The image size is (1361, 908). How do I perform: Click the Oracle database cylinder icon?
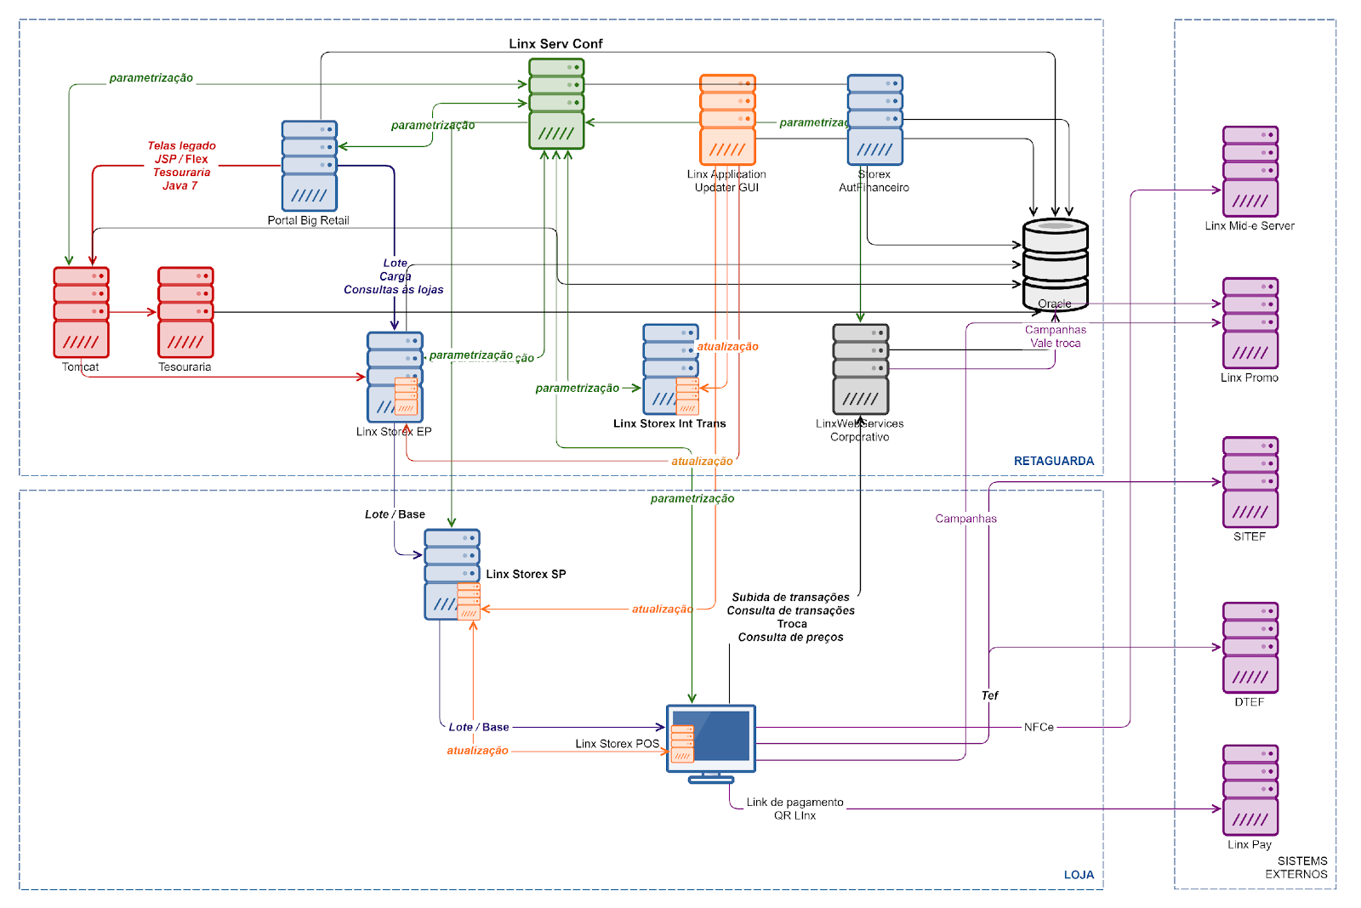click(x=1055, y=264)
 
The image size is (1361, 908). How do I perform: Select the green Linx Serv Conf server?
click(x=556, y=104)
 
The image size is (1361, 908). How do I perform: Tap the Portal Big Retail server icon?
click(x=310, y=166)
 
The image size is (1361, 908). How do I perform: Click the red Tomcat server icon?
click(x=81, y=312)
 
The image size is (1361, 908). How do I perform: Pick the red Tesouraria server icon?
click(x=185, y=312)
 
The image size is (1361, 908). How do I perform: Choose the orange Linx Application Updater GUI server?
click(x=727, y=120)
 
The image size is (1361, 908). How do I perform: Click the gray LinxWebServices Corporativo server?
click(x=861, y=369)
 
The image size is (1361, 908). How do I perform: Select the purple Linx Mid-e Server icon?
click(x=1250, y=172)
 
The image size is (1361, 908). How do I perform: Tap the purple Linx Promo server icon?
click(x=1250, y=323)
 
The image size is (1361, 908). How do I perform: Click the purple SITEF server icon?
click(x=1250, y=482)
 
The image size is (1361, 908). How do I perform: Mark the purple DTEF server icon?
click(x=1250, y=648)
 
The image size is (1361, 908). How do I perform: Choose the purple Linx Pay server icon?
click(x=1250, y=791)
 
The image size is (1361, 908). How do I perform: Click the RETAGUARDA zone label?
click(x=1054, y=461)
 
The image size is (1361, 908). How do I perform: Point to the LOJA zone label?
click(x=1079, y=875)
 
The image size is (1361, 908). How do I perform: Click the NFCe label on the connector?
click(x=1039, y=727)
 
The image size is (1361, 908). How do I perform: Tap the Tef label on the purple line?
click(x=989, y=695)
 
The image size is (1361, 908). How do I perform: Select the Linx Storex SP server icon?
click(x=453, y=575)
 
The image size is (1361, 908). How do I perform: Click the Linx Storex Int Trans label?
click(x=669, y=423)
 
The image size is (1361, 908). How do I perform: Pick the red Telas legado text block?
click(x=181, y=166)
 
